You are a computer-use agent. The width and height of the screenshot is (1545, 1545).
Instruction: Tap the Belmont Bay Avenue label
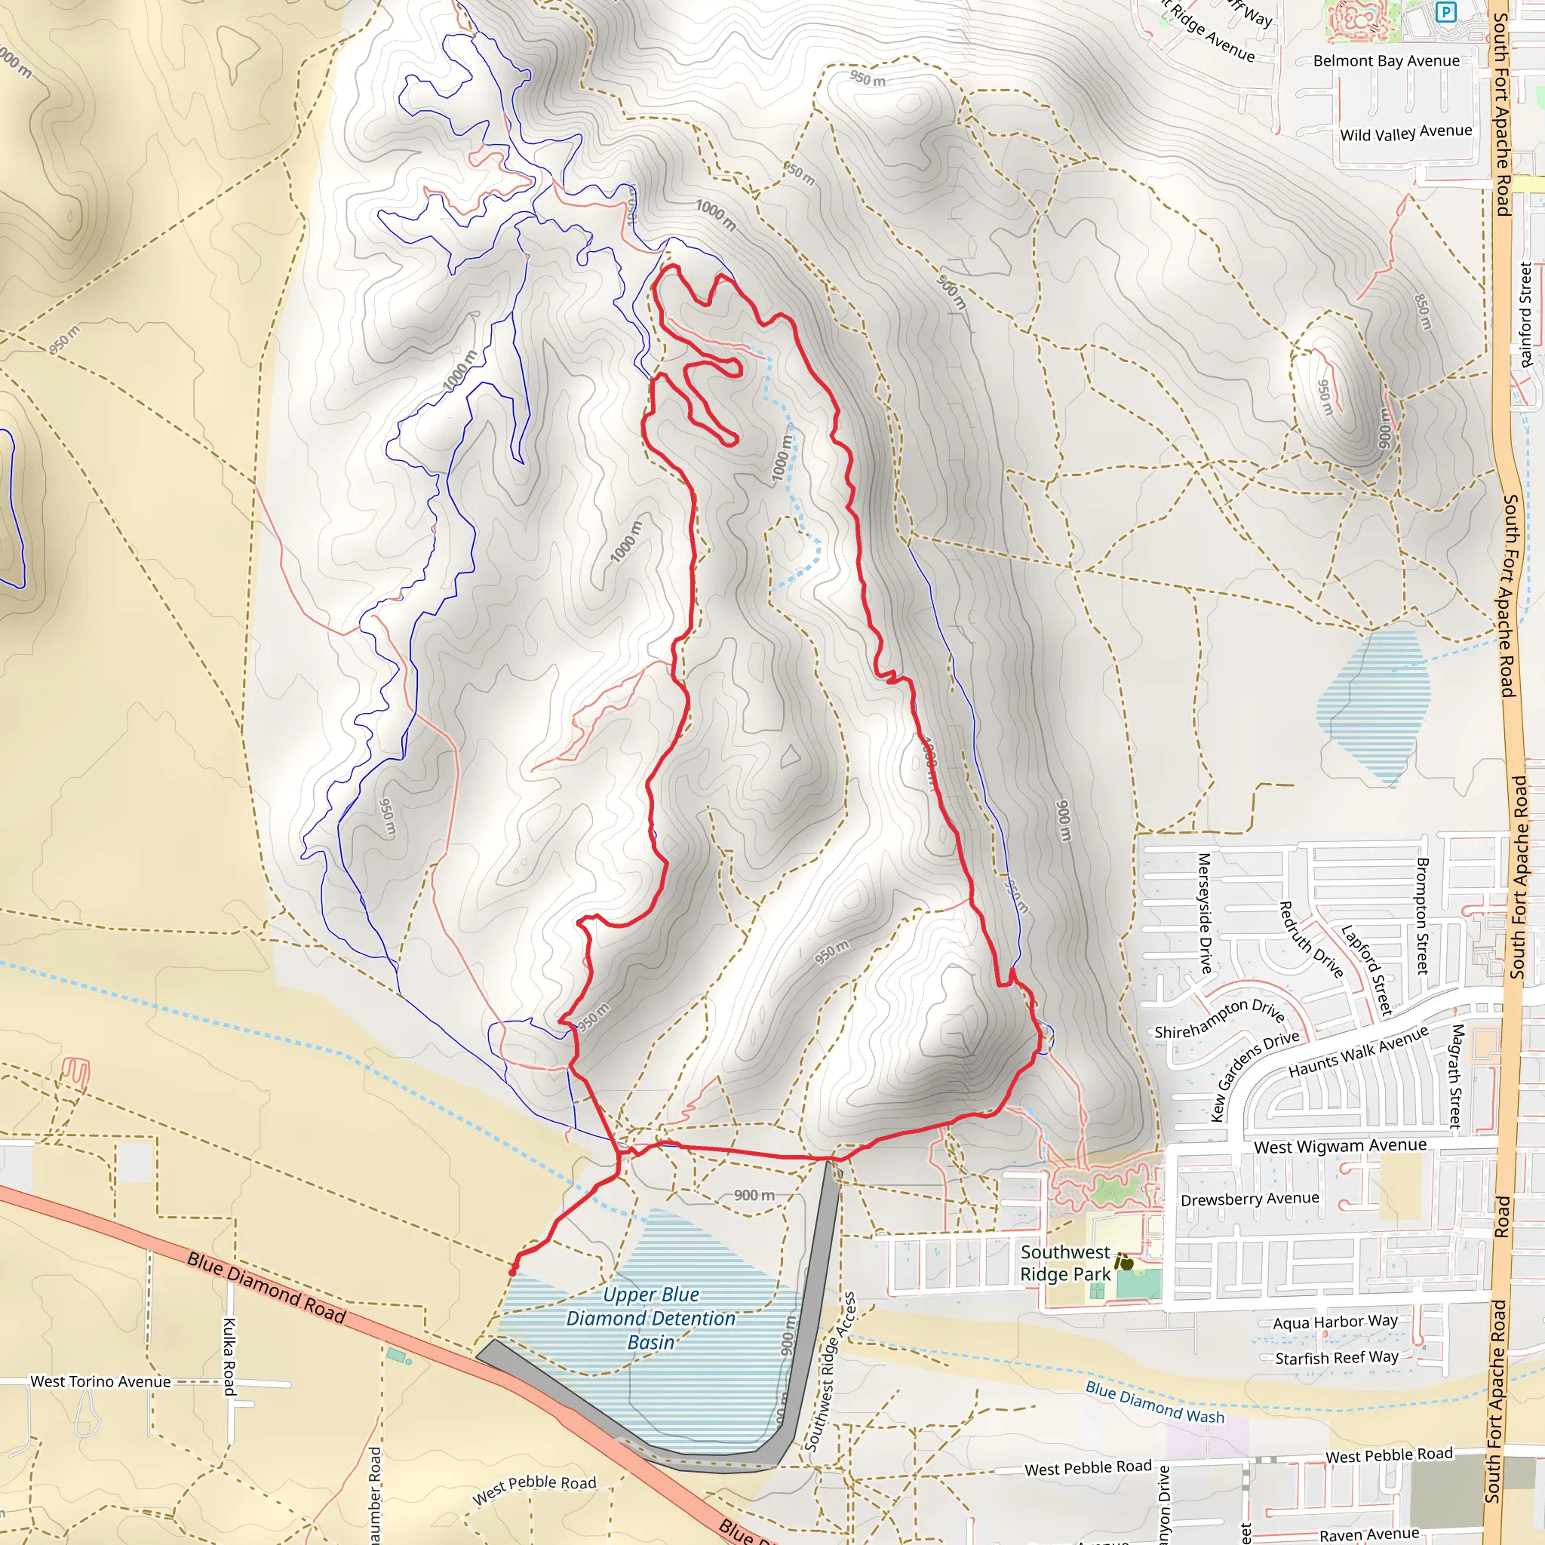[1386, 61]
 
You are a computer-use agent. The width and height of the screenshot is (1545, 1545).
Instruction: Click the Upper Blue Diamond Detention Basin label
[650, 1318]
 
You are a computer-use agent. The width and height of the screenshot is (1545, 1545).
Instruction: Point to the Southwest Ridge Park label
[1065, 1263]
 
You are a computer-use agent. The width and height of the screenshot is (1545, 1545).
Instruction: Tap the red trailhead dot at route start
[512, 1271]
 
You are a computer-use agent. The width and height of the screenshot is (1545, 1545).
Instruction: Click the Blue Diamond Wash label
[1154, 1402]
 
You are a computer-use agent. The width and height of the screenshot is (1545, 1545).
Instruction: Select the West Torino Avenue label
[100, 1381]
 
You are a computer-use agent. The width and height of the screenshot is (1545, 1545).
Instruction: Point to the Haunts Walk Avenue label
[1357, 1052]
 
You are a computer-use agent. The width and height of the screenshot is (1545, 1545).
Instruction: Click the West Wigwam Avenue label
[1340, 1146]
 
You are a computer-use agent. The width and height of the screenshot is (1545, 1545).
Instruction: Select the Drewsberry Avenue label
[1249, 1199]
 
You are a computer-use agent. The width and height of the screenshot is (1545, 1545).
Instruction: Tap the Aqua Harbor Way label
[1335, 1322]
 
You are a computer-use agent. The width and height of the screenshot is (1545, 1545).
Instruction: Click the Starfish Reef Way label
[1336, 1358]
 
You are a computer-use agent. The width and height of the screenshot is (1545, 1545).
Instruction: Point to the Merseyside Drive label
[1204, 913]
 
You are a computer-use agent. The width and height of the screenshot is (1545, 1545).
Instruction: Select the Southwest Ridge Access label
[830, 1371]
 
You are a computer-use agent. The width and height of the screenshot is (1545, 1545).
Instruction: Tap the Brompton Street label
[1422, 916]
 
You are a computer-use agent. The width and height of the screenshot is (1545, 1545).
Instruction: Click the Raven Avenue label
[1369, 1534]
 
